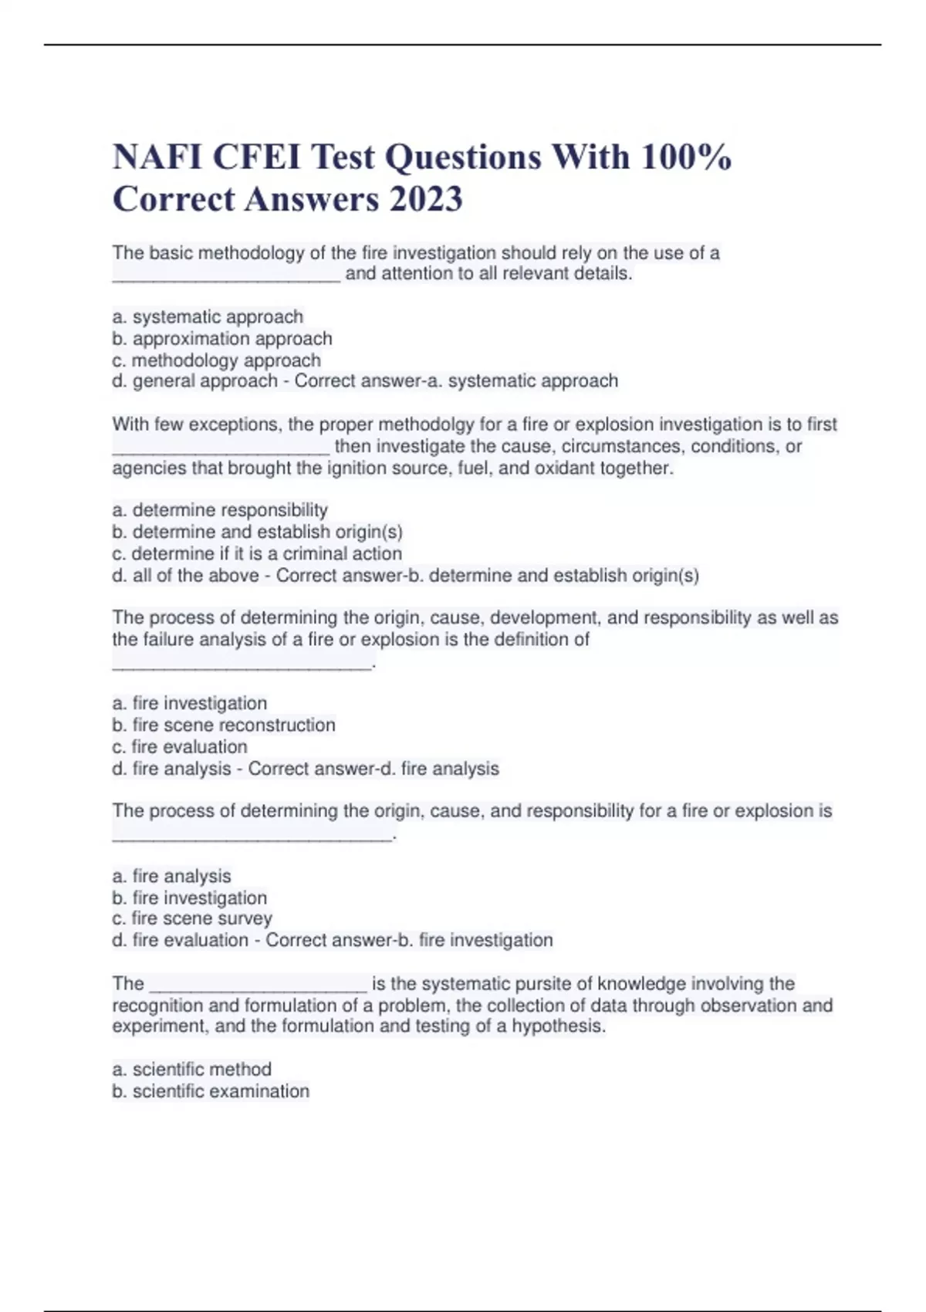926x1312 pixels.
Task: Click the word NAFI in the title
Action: coord(157,157)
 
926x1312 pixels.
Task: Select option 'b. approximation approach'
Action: coord(222,339)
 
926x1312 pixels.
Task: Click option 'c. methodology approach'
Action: coord(216,360)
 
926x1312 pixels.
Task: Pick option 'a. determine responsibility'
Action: coord(220,510)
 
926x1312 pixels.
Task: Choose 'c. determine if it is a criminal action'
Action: coord(257,553)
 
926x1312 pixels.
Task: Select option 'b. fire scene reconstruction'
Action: coord(224,725)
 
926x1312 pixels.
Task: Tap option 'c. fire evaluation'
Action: coord(180,746)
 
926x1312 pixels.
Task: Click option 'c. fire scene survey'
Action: coord(192,918)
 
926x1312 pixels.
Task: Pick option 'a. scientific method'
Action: coord(192,1069)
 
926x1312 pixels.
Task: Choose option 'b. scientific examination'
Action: coord(211,1091)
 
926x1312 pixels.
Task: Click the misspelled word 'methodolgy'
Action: coord(423,424)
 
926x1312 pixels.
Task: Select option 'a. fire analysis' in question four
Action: coord(171,876)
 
